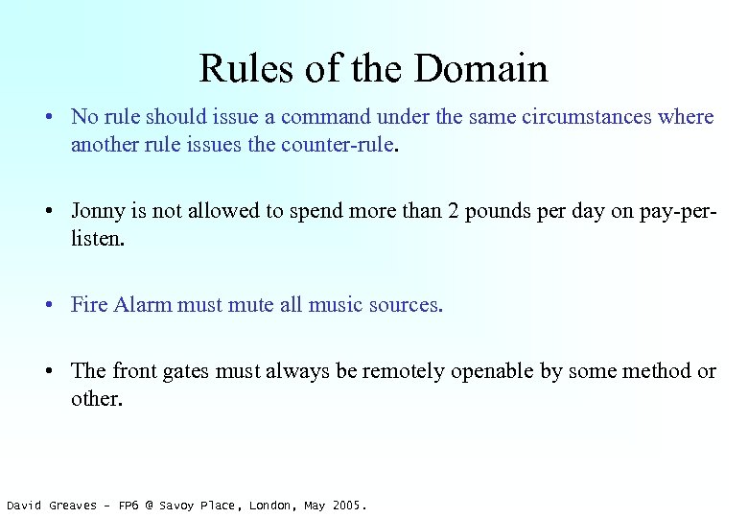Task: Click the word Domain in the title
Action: pos(482,69)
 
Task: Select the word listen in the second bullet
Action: pos(95,238)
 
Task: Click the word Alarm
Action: pos(143,305)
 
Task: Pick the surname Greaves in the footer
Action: pos(74,506)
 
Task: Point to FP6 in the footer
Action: pos(129,506)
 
